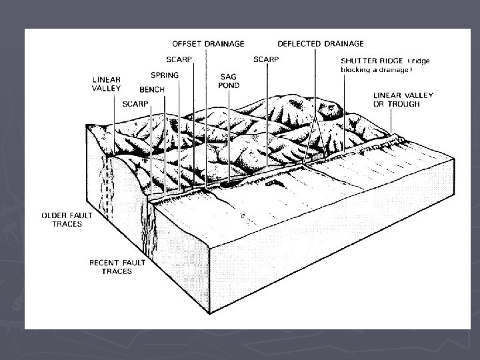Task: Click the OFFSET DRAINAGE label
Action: [x=207, y=44]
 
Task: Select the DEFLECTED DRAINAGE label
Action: [x=320, y=44]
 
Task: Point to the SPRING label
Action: [x=164, y=75]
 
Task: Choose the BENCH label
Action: [x=152, y=89]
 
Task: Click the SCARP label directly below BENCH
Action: [x=135, y=103]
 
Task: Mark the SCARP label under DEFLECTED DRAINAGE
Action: [x=267, y=59]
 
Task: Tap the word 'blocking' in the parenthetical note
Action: [x=358, y=69]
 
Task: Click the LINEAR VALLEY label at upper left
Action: [x=107, y=83]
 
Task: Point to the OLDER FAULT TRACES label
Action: [x=61, y=220]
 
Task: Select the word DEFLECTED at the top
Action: [x=299, y=44]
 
